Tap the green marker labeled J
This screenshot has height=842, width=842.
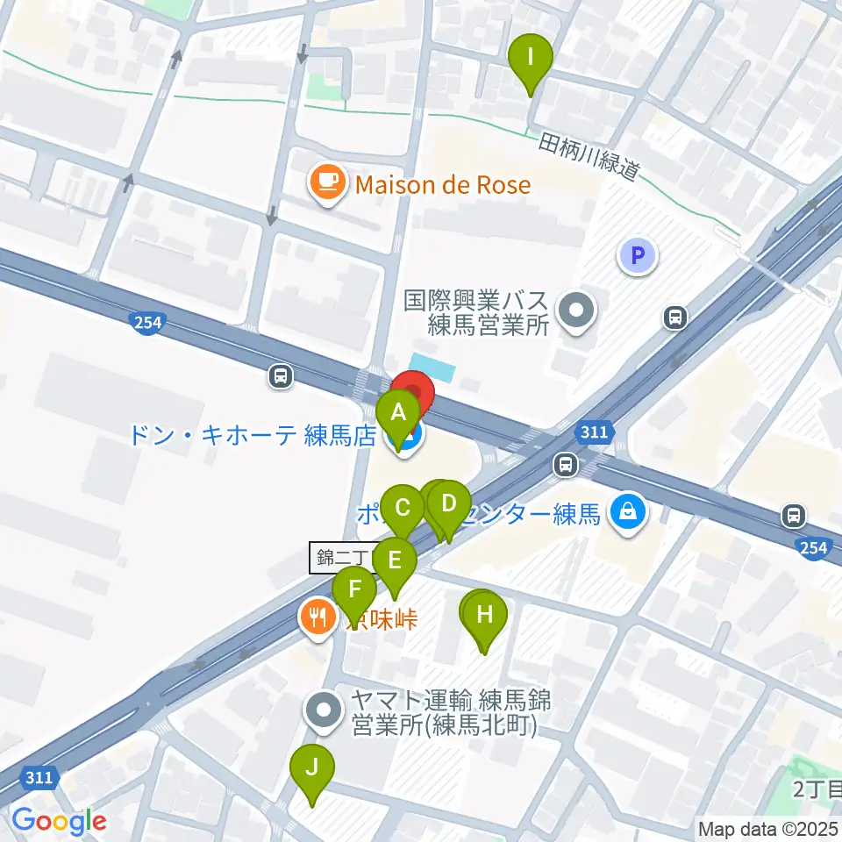click(311, 768)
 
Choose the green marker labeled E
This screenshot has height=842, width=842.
click(394, 561)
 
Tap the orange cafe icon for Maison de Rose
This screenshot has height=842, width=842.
click(327, 184)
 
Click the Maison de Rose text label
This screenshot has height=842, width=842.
click(443, 185)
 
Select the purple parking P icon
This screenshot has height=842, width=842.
click(638, 256)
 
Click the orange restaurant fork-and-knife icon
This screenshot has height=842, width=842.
click(317, 617)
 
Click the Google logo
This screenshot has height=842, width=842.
click(59, 821)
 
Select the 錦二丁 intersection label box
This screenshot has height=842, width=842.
click(343, 558)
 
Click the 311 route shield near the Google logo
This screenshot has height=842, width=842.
click(39, 777)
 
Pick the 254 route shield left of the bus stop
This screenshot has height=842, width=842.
click(148, 323)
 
